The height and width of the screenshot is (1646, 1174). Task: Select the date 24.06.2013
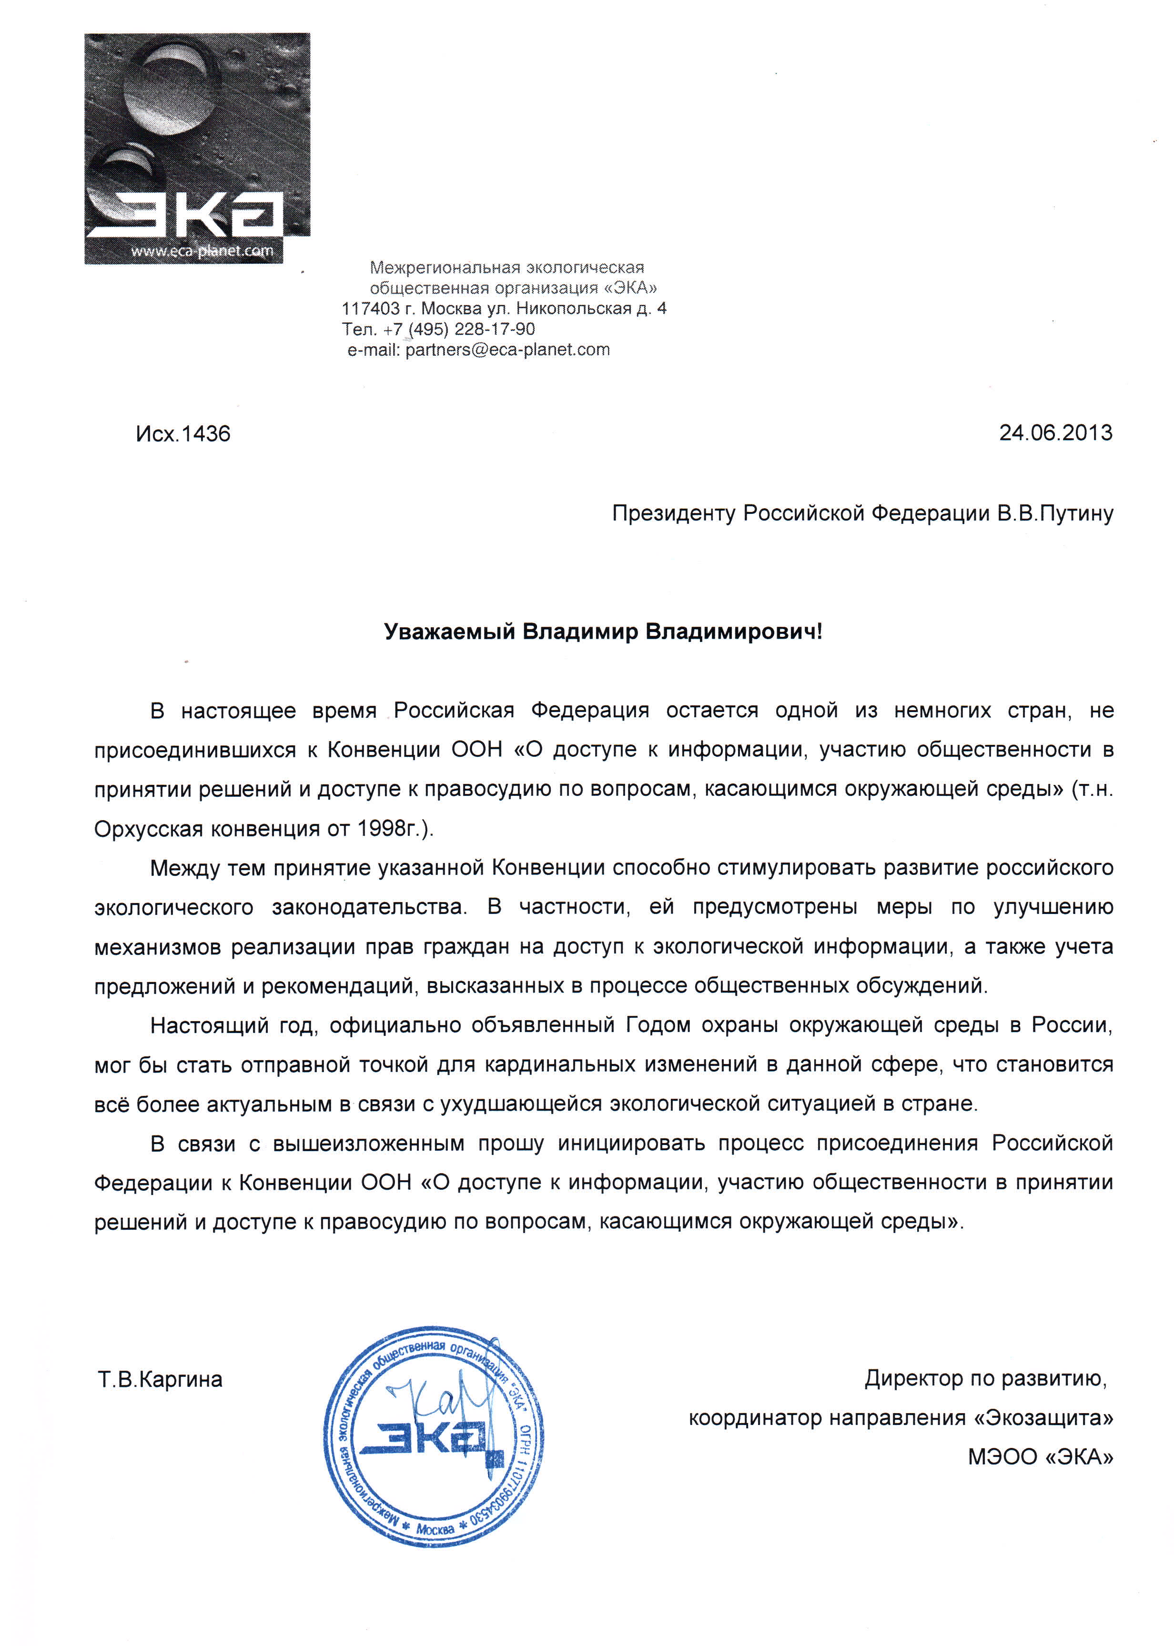tap(1055, 433)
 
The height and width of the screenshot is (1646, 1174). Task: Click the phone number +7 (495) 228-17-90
tap(459, 330)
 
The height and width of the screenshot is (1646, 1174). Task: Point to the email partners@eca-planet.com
tap(507, 350)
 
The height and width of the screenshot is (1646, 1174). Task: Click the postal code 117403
tap(370, 309)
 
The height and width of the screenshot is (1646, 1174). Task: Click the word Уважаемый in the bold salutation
tap(449, 632)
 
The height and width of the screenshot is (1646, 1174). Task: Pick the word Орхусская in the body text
tap(148, 829)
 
